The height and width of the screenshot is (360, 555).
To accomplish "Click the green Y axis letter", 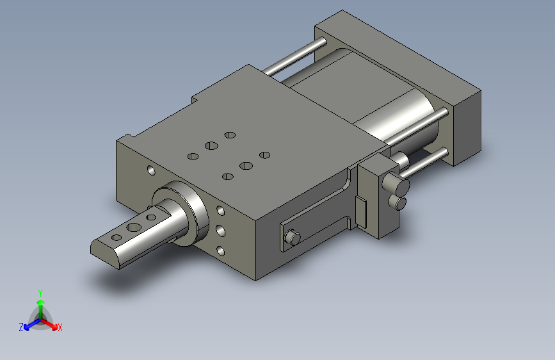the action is [x=40, y=293].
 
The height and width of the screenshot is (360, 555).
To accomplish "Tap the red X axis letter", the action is [x=60, y=327].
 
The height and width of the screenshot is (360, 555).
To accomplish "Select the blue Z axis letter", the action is [x=21, y=327].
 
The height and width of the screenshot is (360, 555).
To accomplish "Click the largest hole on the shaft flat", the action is [x=134, y=227].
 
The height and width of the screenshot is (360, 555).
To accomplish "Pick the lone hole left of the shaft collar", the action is [x=151, y=170].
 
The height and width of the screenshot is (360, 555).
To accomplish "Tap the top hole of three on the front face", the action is [x=220, y=211].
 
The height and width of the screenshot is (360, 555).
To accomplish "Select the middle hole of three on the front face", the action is [x=220, y=231].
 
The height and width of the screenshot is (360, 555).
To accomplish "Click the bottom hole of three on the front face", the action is [x=220, y=251].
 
